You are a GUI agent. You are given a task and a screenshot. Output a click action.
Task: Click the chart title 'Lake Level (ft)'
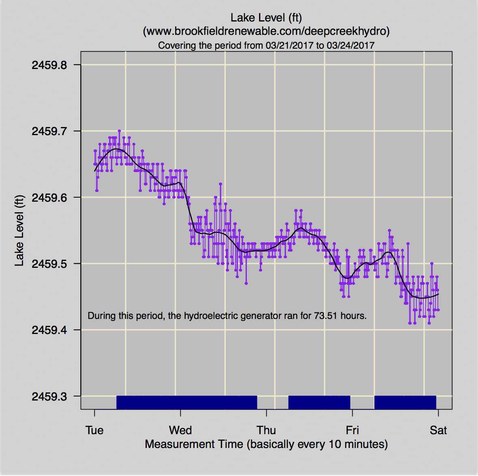[266, 18]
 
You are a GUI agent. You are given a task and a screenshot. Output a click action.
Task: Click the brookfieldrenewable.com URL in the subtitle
[266, 31]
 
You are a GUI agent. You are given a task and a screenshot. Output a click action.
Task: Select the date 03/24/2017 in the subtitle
[350, 45]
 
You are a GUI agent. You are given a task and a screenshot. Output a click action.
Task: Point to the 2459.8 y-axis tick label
[49, 65]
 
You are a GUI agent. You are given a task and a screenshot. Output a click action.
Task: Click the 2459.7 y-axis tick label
[49, 131]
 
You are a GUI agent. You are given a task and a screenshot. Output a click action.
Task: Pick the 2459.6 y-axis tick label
[49, 198]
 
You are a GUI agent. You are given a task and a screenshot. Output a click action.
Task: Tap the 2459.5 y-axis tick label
[49, 264]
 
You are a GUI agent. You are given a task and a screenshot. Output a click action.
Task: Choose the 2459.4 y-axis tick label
[49, 330]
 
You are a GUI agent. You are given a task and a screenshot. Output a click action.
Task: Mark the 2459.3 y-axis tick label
[49, 396]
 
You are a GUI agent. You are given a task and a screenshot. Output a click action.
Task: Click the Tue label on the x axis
[94, 431]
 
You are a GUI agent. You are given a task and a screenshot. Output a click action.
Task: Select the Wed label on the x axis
[180, 431]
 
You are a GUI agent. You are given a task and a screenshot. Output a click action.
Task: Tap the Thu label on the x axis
[266, 431]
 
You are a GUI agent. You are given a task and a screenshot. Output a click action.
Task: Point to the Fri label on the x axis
[352, 431]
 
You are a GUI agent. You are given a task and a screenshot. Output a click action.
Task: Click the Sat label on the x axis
[438, 431]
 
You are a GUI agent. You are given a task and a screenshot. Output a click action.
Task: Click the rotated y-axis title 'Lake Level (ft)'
[19, 230]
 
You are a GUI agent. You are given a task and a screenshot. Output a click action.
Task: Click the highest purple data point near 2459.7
[119, 131]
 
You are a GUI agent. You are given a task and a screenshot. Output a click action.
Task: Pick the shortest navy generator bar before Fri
[319, 402]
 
